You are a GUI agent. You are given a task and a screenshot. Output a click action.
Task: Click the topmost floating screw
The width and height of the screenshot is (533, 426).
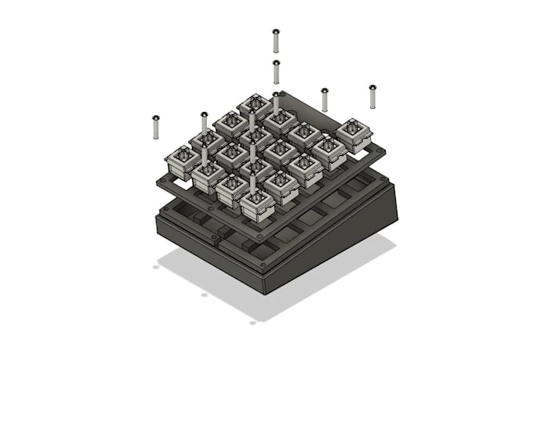point(276,40)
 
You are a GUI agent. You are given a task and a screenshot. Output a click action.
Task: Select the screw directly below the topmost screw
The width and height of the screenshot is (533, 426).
point(276,71)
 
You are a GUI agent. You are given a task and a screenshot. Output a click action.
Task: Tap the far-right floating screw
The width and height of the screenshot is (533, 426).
point(372,96)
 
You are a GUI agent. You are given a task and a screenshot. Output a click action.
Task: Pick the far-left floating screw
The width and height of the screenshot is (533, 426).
point(155,127)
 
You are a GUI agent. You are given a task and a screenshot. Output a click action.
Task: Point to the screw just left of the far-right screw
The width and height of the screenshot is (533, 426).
point(325,99)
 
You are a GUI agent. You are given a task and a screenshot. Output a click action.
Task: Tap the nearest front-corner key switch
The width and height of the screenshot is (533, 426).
point(257,205)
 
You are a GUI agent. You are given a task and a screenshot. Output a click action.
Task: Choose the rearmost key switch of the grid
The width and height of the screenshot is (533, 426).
point(256,106)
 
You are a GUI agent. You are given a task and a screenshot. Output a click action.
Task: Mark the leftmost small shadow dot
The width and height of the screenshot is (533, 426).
point(156,267)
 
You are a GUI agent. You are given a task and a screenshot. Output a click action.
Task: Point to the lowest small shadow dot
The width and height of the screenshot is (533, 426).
point(252,322)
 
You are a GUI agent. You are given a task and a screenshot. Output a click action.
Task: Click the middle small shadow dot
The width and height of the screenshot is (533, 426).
point(204,294)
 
